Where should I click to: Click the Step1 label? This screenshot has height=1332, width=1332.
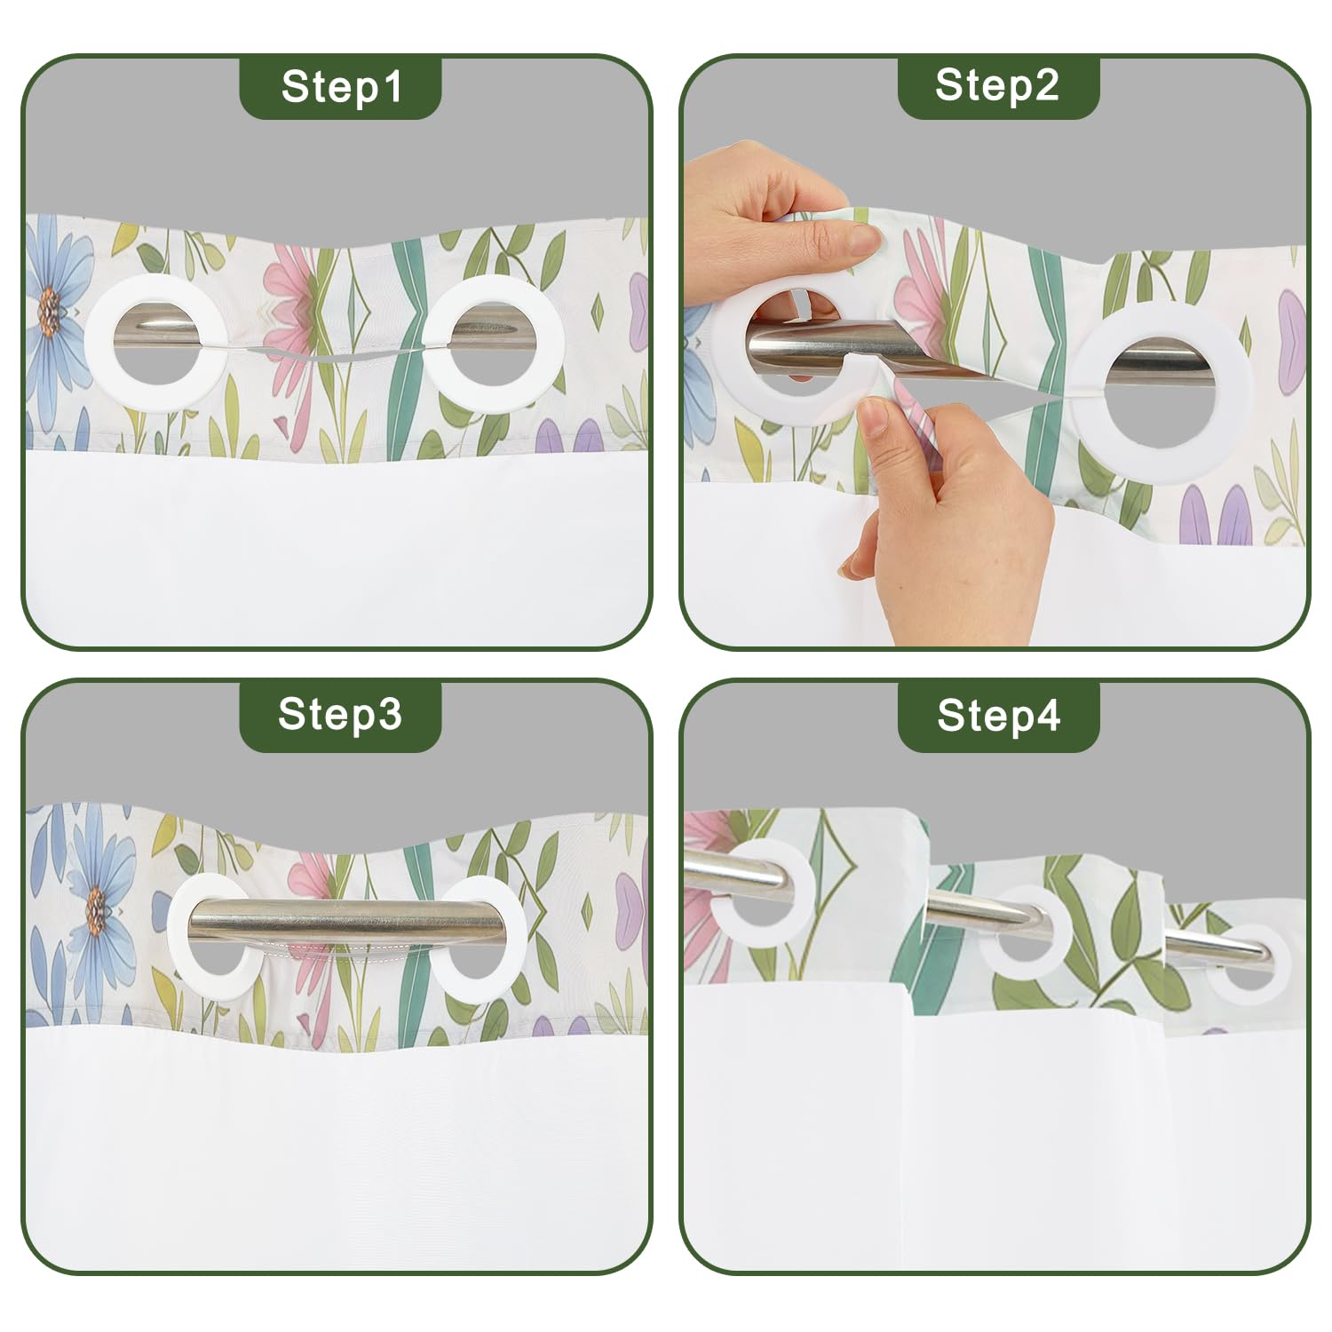(341, 86)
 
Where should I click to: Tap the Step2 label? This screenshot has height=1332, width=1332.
(997, 85)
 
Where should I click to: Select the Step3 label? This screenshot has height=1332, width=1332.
(340, 714)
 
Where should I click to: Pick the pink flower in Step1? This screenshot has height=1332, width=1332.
(298, 302)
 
